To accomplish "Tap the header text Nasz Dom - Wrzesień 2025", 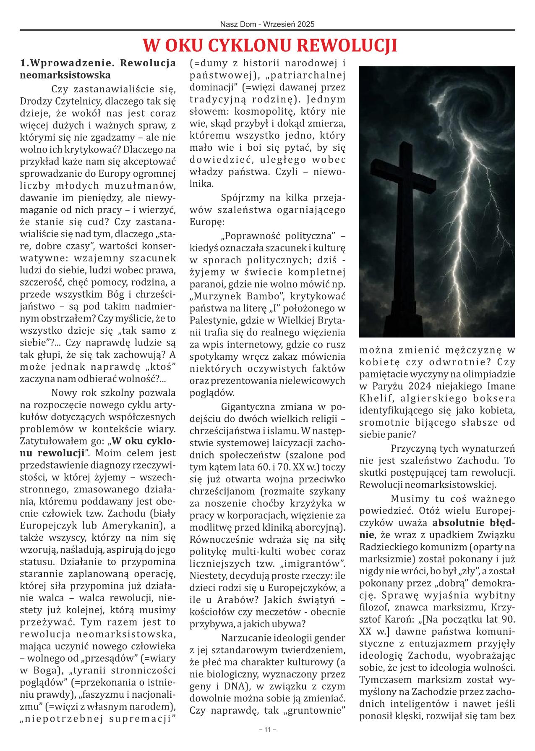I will tap(267, 25).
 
